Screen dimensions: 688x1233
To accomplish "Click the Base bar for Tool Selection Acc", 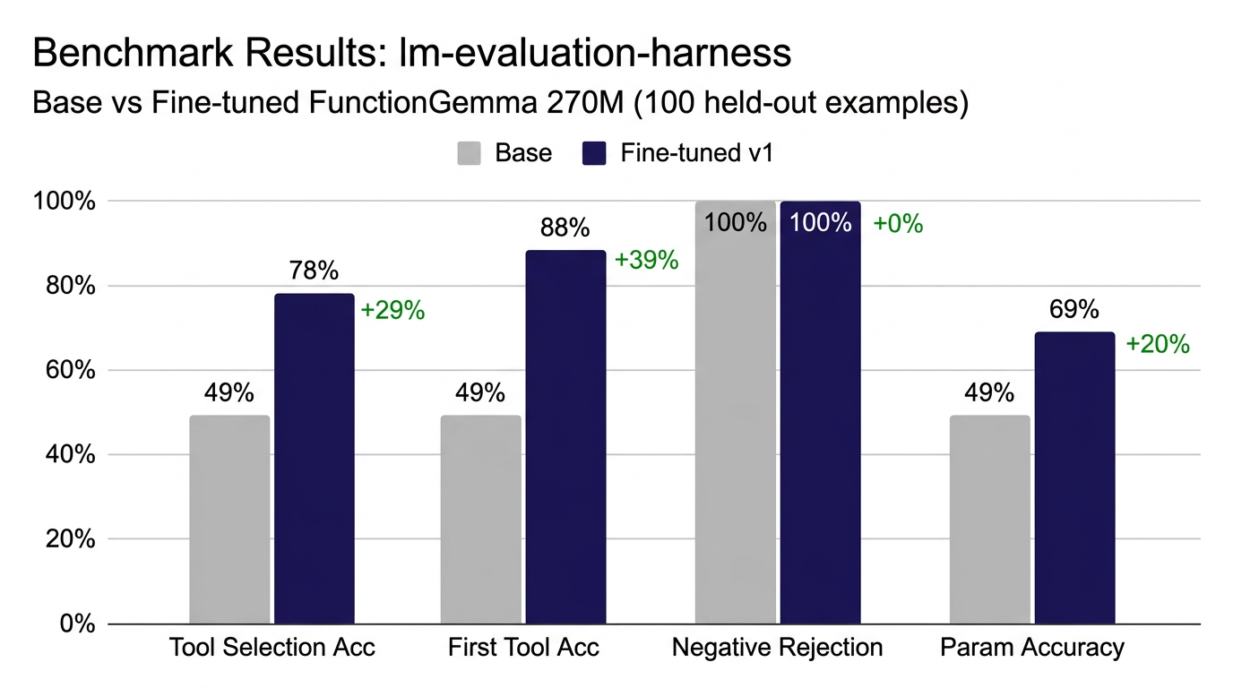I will coord(229,520).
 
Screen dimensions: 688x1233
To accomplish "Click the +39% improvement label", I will coord(646,261).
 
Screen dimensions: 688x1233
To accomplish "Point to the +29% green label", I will coord(392,311).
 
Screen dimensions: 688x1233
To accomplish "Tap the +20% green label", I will coord(1157,344).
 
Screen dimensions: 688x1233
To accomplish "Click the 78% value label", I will coord(315,271).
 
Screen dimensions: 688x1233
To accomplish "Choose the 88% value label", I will coord(565,228).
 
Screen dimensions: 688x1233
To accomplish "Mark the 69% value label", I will coord(1074,310).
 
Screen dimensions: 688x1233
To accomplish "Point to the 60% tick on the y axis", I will coord(64,370).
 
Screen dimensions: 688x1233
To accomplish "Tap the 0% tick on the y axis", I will coord(72,623).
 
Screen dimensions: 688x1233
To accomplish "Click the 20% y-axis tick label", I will coord(64,539).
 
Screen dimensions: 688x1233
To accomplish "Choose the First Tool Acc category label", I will coord(523,648).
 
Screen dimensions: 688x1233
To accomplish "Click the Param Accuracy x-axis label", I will coord(1031,648).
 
